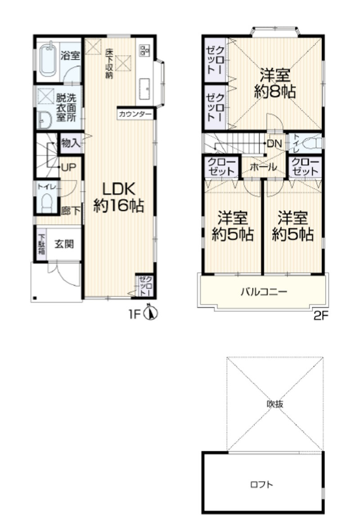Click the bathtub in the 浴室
tap(47, 60)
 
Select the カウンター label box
tap(135, 114)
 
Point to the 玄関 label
tap(64, 244)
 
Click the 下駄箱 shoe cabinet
tap(41, 244)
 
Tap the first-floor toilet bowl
tap(47, 203)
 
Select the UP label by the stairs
tap(68, 168)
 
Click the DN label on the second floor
tap(274, 144)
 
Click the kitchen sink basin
tap(144, 89)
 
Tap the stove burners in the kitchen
tap(145, 50)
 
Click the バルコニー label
tap(264, 291)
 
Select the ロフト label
tap(262, 485)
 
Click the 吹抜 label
tap(275, 403)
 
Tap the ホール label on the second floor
tap(263, 167)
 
